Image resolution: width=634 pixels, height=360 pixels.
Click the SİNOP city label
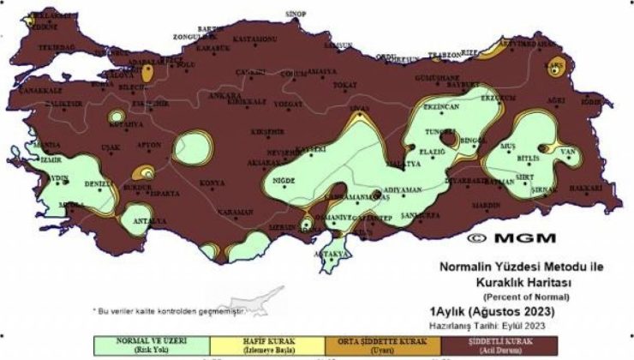(x=296, y=14)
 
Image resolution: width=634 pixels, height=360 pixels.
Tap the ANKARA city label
(x=224, y=95)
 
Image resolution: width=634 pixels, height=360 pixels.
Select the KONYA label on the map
(x=212, y=183)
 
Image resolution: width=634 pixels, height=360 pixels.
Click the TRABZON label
(x=446, y=55)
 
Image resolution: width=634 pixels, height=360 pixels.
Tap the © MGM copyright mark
(x=511, y=237)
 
